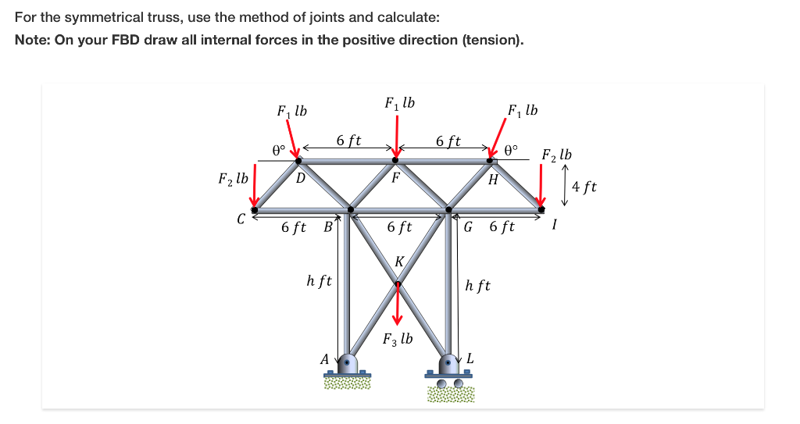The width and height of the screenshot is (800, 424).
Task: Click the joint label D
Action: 300,178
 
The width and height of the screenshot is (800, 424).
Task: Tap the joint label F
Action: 395,176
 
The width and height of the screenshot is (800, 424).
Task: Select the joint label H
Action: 492,181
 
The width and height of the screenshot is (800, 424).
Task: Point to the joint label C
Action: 242,219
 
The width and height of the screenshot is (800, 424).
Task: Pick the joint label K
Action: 399,262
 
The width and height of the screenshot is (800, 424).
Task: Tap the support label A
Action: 324,359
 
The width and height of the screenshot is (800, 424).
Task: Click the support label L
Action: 470,358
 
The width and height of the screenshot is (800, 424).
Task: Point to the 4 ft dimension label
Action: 584,187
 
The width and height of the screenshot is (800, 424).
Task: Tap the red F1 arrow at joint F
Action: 398,134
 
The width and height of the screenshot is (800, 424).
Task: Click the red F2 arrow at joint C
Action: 255,187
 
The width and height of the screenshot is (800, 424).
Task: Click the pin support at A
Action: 348,367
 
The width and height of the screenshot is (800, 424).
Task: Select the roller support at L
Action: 448,371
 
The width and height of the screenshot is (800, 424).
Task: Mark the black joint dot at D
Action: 298,160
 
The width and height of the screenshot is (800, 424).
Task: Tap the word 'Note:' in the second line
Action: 32,40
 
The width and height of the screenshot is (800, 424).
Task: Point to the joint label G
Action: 468,228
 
